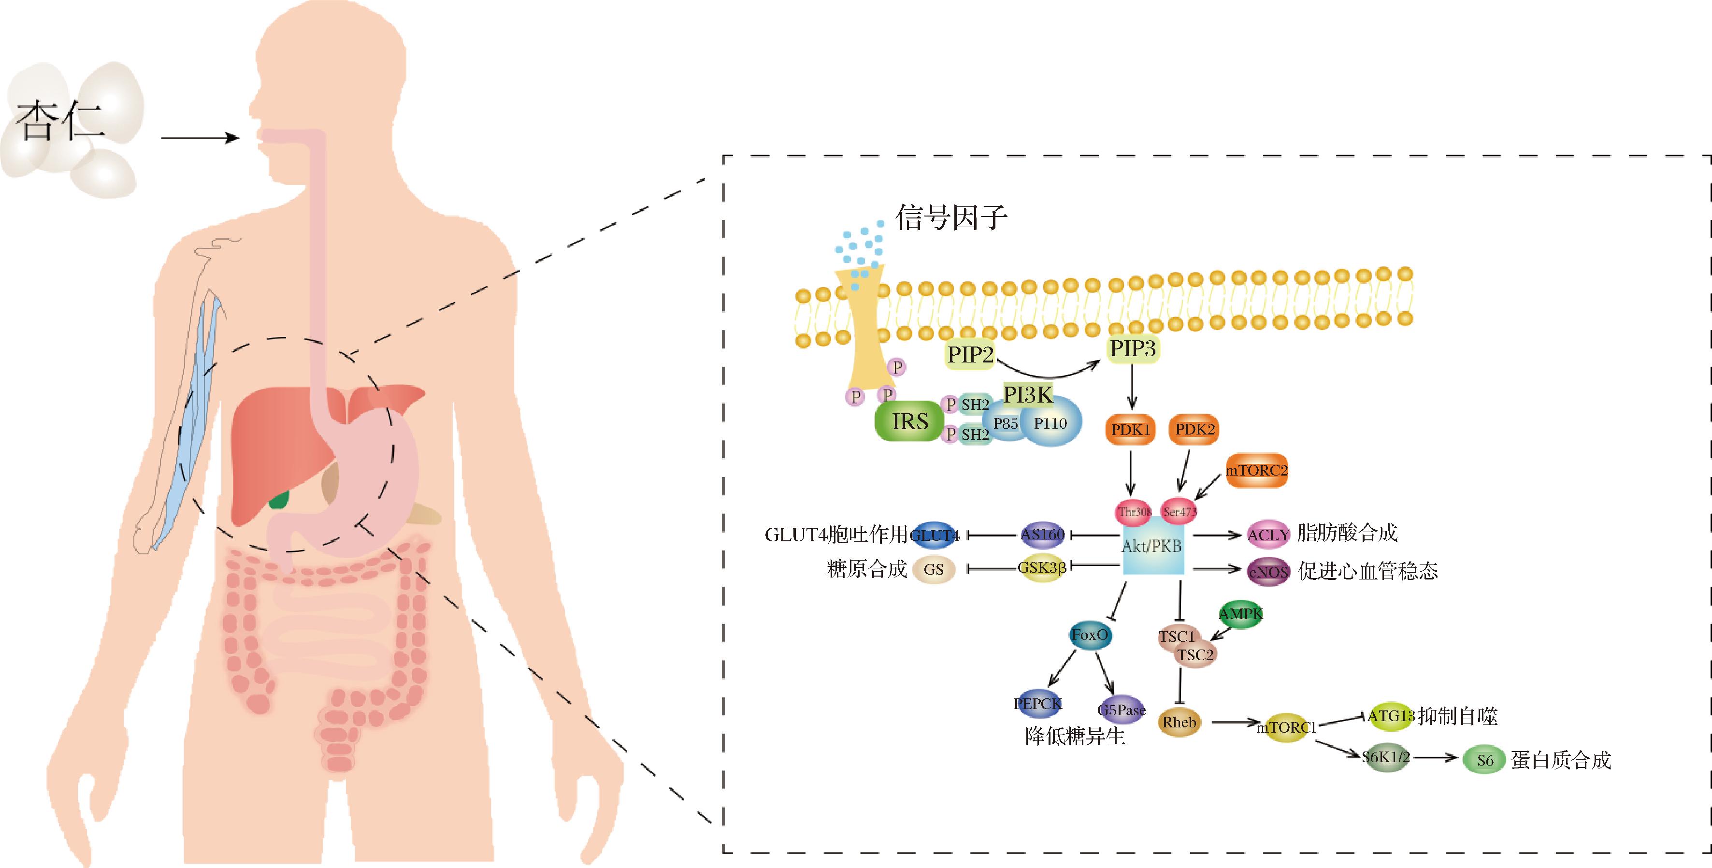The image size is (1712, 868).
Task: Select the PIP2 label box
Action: tap(970, 354)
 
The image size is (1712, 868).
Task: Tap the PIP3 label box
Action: tap(1133, 347)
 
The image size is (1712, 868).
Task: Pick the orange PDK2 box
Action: tap(1194, 429)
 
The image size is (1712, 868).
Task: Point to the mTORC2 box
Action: tap(1255, 471)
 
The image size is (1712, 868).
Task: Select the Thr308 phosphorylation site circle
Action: tap(1133, 511)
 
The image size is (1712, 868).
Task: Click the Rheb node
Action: tap(1179, 723)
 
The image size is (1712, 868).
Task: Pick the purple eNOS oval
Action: tap(1268, 572)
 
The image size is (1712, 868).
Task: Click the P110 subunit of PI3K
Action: tap(1050, 423)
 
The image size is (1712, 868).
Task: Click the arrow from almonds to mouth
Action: tap(200, 138)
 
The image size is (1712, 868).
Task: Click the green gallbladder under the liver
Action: tap(280, 498)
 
